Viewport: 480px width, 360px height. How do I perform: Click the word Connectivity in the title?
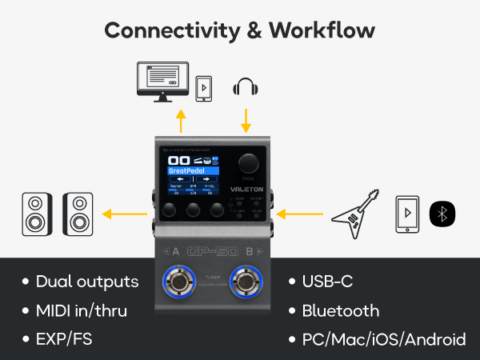pyautogui.click(x=158, y=30)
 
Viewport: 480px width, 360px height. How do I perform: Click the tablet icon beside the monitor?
pyautogui.click(x=205, y=86)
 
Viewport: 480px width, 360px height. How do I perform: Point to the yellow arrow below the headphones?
pyautogui.click(x=246, y=120)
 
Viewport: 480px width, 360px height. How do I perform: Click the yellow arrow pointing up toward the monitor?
pyautogui.click(x=182, y=121)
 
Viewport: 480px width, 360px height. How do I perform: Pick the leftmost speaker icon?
pyautogui.click(x=36, y=214)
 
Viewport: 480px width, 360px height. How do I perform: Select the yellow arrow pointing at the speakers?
pyautogui.click(x=127, y=214)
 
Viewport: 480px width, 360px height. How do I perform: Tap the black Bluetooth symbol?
pyautogui.click(x=442, y=214)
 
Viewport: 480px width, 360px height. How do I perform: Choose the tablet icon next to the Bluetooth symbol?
pyautogui.click(x=408, y=214)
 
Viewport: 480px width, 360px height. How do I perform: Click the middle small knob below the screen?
pyautogui.click(x=194, y=211)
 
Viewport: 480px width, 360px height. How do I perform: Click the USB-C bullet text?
pyautogui.click(x=327, y=282)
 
